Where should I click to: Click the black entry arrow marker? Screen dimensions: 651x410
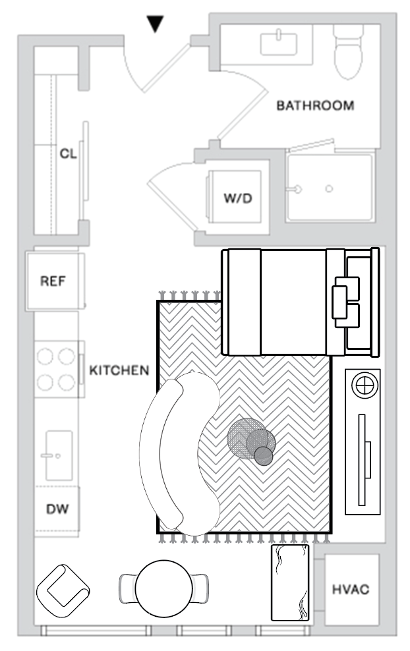pos(155,24)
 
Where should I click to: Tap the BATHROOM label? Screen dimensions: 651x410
pos(314,105)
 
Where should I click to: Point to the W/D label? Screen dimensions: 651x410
pos(237,198)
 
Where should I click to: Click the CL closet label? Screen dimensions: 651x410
pos(69,154)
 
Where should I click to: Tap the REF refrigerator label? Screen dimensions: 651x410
pos(54,281)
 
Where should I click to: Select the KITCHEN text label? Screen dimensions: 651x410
pos(119,370)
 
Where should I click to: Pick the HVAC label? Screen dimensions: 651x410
pos(351,589)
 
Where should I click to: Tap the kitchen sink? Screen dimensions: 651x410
pos(57,455)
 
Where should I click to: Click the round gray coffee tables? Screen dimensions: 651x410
pos(252,441)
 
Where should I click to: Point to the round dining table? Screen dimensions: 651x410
pos(164,586)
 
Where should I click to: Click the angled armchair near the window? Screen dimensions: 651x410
pos(64,588)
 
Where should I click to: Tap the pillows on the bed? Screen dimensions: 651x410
pos(346,301)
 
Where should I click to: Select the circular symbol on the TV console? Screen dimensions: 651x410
pos(363,385)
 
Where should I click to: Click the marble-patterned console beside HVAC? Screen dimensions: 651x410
pos(290,582)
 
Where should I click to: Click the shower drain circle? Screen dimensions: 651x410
pos(329,190)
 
